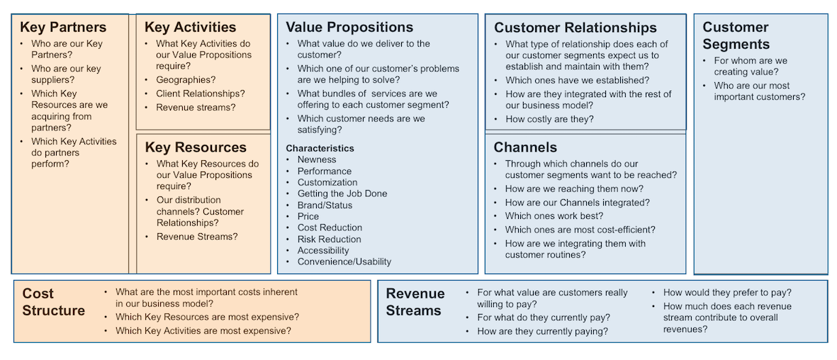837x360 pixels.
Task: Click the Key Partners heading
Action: pos(63,27)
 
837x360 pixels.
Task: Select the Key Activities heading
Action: pos(190,27)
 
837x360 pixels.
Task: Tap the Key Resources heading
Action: pos(196,147)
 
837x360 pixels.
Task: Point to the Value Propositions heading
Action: pos(349,27)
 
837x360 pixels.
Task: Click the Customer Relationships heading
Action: pos(575,28)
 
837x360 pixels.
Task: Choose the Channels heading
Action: pos(525,147)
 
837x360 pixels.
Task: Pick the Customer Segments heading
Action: pos(736,35)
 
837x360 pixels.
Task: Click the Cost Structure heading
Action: pos(53,302)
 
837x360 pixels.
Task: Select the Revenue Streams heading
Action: pos(415,302)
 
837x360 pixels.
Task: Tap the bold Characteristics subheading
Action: pos(320,148)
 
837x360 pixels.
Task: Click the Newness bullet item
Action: pos(317,159)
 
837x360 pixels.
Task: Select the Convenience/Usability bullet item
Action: pos(344,261)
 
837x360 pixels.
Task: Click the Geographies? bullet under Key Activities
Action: pos(186,79)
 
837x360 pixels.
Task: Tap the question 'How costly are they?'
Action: pos(549,119)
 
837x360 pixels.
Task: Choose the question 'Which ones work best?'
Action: pos(554,215)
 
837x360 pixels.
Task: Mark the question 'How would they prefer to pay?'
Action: pos(727,293)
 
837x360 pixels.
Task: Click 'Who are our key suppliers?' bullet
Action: pos(66,74)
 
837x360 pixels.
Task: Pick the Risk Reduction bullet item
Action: pos(330,240)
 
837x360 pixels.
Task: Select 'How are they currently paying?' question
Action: pos(543,331)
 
